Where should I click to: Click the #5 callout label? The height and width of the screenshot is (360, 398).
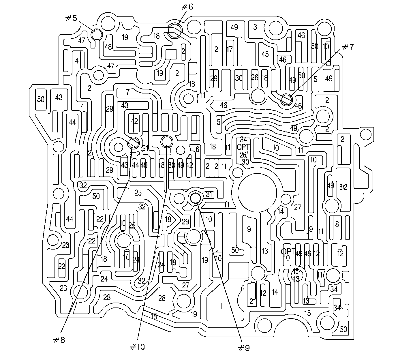tap(71, 18)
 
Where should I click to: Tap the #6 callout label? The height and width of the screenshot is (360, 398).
tap(187, 7)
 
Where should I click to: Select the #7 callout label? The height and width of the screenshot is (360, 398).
tap(348, 47)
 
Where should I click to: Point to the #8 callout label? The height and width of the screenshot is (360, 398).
tap(59, 340)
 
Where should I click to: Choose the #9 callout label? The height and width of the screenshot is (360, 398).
tap(244, 348)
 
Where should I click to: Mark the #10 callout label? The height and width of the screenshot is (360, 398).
tap(137, 347)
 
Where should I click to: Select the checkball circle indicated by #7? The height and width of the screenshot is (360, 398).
tap(287, 100)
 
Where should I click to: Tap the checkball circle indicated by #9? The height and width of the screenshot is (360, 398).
tap(196, 198)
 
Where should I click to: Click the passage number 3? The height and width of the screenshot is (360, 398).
tap(255, 27)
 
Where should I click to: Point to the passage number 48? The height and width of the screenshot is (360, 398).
tap(108, 47)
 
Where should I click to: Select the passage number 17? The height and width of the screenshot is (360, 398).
tap(229, 49)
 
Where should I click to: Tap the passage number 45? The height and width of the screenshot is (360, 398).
tap(265, 54)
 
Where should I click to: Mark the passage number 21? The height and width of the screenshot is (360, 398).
tap(145, 148)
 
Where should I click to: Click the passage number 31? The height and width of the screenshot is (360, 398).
tap(209, 195)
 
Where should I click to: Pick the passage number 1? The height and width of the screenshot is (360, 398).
tap(221, 306)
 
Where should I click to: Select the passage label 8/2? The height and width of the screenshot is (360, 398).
tap(343, 187)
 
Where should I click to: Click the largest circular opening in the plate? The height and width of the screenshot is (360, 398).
tap(257, 192)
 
